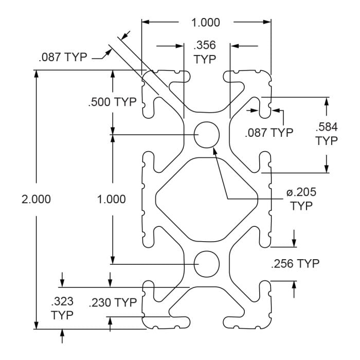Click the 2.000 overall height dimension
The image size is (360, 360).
[x=37, y=200]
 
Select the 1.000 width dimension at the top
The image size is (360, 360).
[x=206, y=23]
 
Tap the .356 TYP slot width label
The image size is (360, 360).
[x=205, y=52]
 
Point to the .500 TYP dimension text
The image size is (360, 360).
[x=112, y=102]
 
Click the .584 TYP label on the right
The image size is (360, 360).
[x=327, y=134]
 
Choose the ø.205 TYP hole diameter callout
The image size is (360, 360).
[x=301, y=199]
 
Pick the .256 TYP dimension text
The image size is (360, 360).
[x=295, y=263]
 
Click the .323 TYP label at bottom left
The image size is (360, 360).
[x=62, y=308]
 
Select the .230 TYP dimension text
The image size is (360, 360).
[x=113, y=302]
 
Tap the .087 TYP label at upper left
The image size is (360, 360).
[x=63, y=57]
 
